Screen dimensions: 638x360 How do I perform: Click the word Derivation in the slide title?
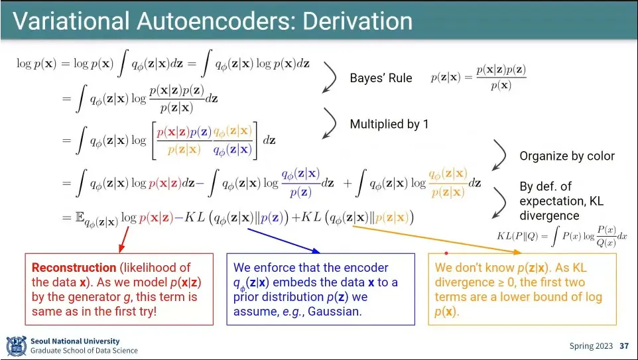[357, 21]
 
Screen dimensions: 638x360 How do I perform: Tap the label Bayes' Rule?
[381, 78]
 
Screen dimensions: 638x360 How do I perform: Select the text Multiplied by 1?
[389, 124]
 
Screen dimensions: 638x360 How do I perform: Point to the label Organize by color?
[567, 156]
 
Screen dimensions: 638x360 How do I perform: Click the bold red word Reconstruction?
[74, 268]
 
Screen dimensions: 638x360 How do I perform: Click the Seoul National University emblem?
[17, 346]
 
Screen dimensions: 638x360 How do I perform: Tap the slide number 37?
[624, 346]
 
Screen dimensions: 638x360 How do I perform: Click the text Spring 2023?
[591, 346]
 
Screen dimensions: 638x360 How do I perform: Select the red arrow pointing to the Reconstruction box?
[124, 239]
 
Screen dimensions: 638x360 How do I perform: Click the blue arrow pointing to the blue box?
[284, 241]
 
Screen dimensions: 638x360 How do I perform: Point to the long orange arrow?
[437, 239]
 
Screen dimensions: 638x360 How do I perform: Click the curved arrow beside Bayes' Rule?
[331, 78]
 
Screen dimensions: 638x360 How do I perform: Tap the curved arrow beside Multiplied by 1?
[331, 123]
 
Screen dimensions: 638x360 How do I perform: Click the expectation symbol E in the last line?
[79, 217]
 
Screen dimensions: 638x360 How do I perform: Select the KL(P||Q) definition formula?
[562, 236]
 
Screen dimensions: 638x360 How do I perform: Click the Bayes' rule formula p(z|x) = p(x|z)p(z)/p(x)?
[479, 78]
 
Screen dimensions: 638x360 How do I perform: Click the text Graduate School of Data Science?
[84, 351]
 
